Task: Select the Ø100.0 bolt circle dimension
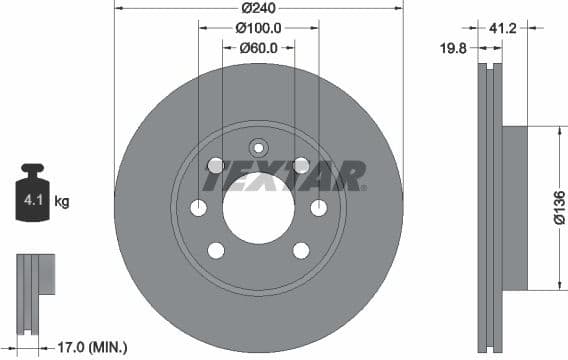pos(258,29)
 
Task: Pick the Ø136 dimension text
pos(559,209)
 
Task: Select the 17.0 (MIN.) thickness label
pos(93,347)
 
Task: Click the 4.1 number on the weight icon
pos(31,202)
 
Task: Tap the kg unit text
pos(62,202)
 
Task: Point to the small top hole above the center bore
pos(258,144)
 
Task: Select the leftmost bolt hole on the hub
pos(198,208)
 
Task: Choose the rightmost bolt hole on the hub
pos(318,208)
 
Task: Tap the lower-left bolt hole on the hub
pos(216,250)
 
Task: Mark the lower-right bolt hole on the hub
pos(300,250)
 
